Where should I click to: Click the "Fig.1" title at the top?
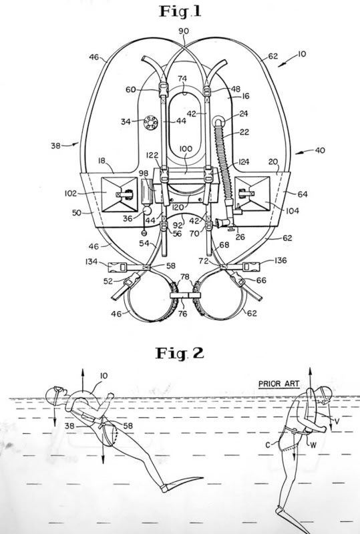coord(180,11)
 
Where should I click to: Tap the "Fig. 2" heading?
coord(180,353)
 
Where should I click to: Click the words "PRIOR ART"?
coord(279,384)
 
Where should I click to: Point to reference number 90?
coord(184,31)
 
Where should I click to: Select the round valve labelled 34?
coord(150,123)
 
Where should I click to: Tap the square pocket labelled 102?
coord(120,194)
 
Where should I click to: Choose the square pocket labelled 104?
coord(252,194)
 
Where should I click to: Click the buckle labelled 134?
coord(118,268)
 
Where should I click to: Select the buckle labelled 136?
coord(251,266)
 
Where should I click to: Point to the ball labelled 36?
coord(147,210)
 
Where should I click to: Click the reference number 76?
coord(183,313)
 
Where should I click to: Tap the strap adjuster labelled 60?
coord(164,89)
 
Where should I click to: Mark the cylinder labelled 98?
coord(146,192)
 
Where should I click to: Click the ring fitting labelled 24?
coord(218,122)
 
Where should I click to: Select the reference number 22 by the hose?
coord(244,131)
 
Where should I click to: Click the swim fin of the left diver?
coord(182,483)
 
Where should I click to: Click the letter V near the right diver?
coord(337,421)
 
